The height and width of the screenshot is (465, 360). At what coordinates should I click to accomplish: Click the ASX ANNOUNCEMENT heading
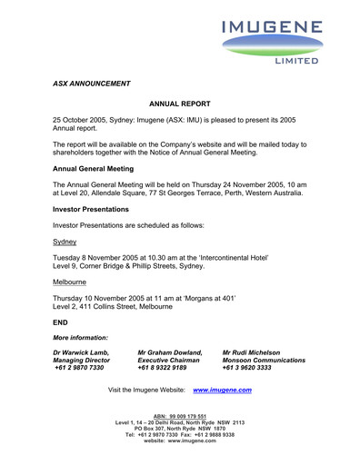[92, 84]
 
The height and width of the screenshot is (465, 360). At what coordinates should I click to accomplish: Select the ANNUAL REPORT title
[179, 105]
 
